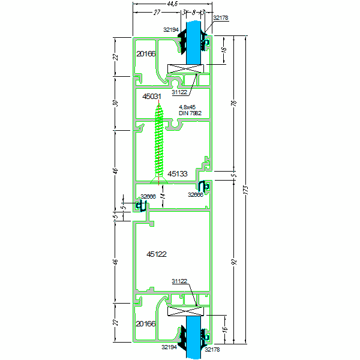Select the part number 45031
click(x=152, y=96)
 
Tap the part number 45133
click(x=178, y=173)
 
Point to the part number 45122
click(x=157, y=254)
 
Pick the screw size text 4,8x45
click(x=187, y=107)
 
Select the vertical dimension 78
click(x=233, y=103)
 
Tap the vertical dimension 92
click(x=233, y=262)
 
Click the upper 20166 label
click(x=146, y=54)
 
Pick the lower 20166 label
click(x=146, y=324)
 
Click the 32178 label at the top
click(x=220, y=18)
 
